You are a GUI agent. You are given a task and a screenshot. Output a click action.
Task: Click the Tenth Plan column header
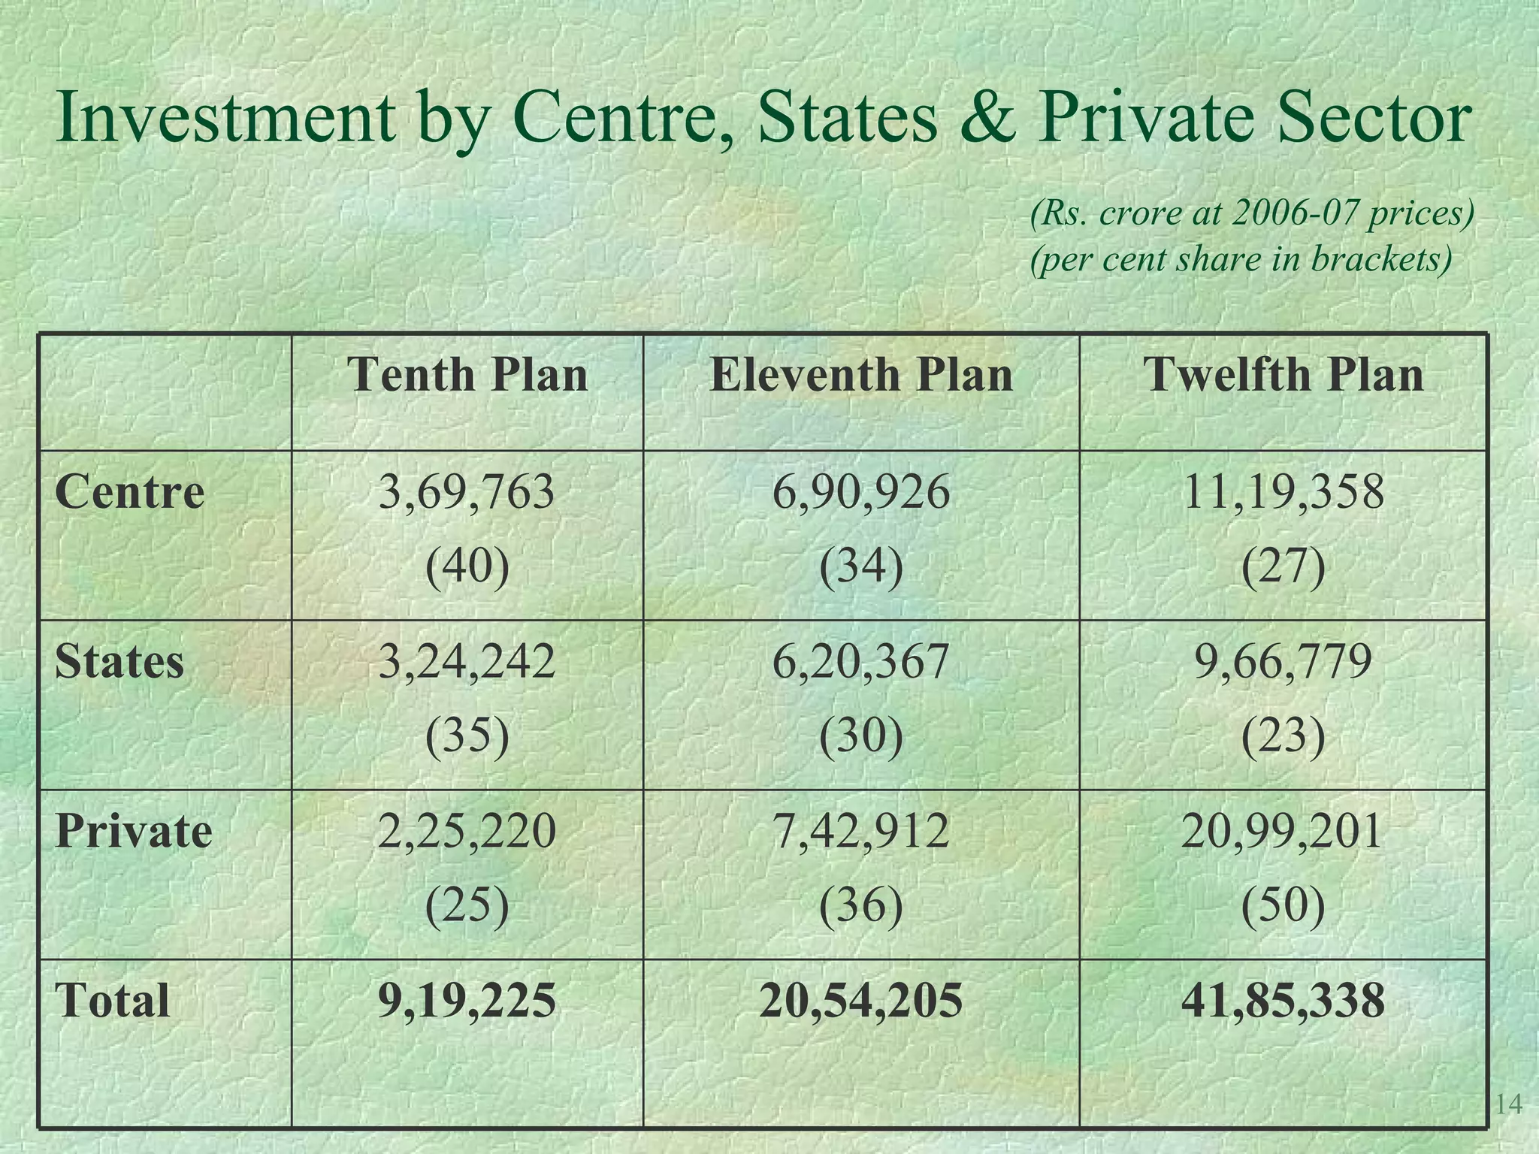(467, 374)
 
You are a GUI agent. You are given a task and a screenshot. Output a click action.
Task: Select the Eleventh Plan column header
(861, 374)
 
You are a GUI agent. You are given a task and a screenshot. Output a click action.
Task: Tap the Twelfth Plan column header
(1283, 374)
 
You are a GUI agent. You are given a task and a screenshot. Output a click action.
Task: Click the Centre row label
(129, 492)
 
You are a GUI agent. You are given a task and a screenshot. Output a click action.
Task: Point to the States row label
(119, 662)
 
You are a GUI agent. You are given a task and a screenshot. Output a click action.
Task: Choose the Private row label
(134, 831)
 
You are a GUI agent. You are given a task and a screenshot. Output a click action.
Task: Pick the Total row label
(113, 1001)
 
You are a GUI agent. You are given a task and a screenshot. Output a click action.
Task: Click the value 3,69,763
(467, 493)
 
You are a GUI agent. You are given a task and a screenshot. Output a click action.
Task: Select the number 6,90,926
(861, 493)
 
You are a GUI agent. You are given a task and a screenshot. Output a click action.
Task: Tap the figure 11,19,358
(1283, 493)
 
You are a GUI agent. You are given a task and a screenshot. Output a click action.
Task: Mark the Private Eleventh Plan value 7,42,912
(861, 832)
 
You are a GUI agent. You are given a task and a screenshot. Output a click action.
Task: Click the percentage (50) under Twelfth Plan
(1283, 905)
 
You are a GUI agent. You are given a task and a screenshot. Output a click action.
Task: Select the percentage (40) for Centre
(467, 566)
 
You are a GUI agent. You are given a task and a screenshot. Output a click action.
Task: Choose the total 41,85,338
(1283, 1001)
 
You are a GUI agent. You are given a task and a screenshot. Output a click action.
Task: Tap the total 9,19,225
(467, 1001)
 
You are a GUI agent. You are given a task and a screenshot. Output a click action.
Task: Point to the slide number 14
(1509, 1104)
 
